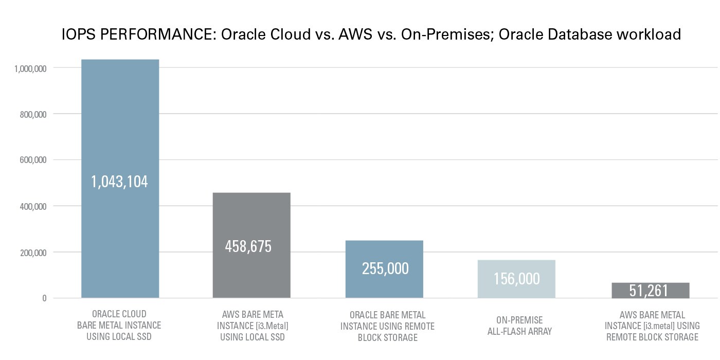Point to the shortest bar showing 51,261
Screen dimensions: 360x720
pyautogui.click(x=650, y=291)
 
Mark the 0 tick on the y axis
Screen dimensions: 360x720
pyautogui.click(x=44, y=298)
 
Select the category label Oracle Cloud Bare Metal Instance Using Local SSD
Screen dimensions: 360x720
pyautogui.click(x=119, y=325)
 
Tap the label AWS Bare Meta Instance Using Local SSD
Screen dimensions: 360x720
pyautogui.click(x=252, y=326)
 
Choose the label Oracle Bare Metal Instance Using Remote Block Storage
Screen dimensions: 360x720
pyautogui.click(x=387, y=326)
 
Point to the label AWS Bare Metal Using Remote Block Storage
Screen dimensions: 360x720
pyautogui.click(x=652, y=326)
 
